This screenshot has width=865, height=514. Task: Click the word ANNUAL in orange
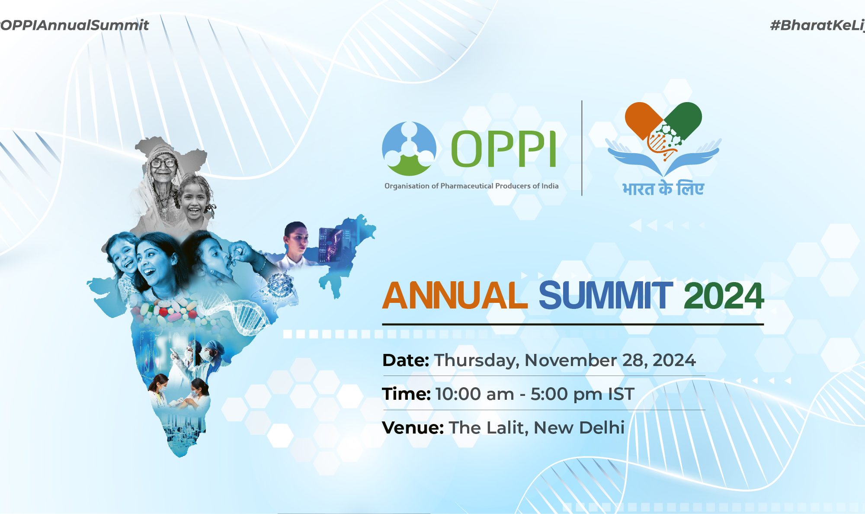click(x=455, y=296)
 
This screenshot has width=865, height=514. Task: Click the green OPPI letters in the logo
click(x=503, y=149)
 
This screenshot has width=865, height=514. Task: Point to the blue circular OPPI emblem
click(x=409, y=149)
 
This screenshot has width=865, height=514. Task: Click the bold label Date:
click(x=406, y=360)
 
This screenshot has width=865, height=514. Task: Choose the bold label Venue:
click(x=413, y=427)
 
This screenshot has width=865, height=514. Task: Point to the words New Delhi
click(x=579, y=427)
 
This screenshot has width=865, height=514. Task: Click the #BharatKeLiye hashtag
click(x=817, y=26)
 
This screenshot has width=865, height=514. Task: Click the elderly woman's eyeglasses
click(x=163, y=163)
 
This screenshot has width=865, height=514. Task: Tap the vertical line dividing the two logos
click(x=582, y=148)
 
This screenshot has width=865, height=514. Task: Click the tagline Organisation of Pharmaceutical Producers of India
click(x=471, y=186)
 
